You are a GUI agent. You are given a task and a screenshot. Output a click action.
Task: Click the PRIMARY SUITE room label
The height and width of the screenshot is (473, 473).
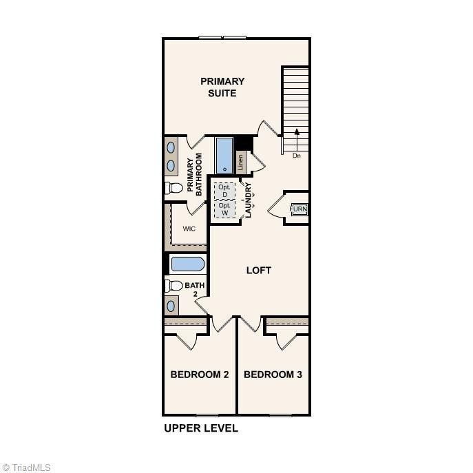pos(222,87)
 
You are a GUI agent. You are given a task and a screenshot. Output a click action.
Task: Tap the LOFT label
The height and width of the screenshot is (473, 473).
pos(259,271)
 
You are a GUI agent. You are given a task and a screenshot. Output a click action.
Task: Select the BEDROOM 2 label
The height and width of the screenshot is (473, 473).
pos(200,375)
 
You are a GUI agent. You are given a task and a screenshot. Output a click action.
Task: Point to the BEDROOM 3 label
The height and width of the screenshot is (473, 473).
pos(273,375)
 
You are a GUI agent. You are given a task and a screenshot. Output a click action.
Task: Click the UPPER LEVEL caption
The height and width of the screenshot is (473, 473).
pos(201,428)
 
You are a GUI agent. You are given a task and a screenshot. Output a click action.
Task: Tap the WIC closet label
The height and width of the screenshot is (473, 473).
pos(189,229)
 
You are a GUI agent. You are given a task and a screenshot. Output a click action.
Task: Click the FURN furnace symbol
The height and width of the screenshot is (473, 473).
pos(298,209)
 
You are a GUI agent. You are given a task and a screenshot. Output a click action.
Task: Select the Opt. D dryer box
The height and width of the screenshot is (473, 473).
pos(224,189)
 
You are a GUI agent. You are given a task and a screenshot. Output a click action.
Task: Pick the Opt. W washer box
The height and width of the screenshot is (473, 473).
pos(224,209)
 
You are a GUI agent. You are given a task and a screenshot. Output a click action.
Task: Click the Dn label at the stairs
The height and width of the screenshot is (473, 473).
pos(297,156)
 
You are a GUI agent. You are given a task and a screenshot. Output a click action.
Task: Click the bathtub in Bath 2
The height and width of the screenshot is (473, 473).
pos(187,264)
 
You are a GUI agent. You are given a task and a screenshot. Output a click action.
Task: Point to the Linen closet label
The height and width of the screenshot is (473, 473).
pos(241,163)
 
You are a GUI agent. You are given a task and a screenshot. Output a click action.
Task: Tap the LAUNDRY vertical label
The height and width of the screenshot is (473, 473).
pos(249,200)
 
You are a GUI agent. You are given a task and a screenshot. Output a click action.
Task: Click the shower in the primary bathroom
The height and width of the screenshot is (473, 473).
pos(224,156)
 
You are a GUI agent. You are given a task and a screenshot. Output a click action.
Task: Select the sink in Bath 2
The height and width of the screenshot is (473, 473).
pos(171,306)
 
